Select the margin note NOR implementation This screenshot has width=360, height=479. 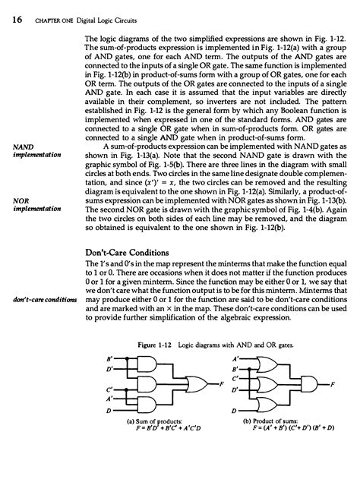tap(30, 206)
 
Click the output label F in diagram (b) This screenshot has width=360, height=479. tap(333, 406)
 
